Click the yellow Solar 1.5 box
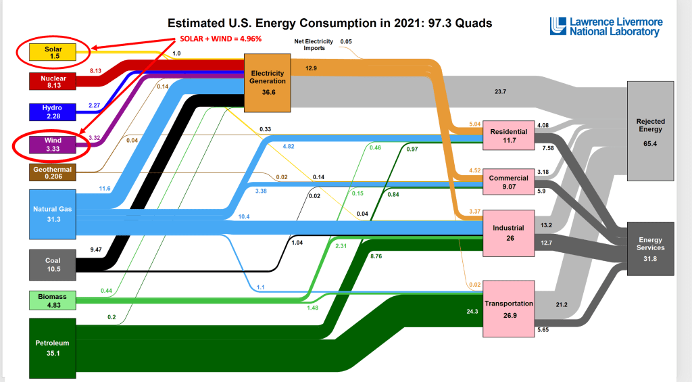[x=53, y=51]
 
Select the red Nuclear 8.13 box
[x=53, y=81]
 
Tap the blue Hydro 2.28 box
[x=53, y=112]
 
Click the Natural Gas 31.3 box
[x=53, y=214]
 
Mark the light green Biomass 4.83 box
[x=53, y=300]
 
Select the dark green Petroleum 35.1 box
[x=53, y=347]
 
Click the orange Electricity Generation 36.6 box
[x=268, y=82]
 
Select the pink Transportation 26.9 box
[x=509, y=308]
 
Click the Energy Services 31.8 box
[x=651, y=248]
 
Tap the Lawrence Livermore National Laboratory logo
[x=606, y=26]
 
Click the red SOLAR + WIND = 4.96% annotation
[x=220, y=39]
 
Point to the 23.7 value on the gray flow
[x=501, y=91]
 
